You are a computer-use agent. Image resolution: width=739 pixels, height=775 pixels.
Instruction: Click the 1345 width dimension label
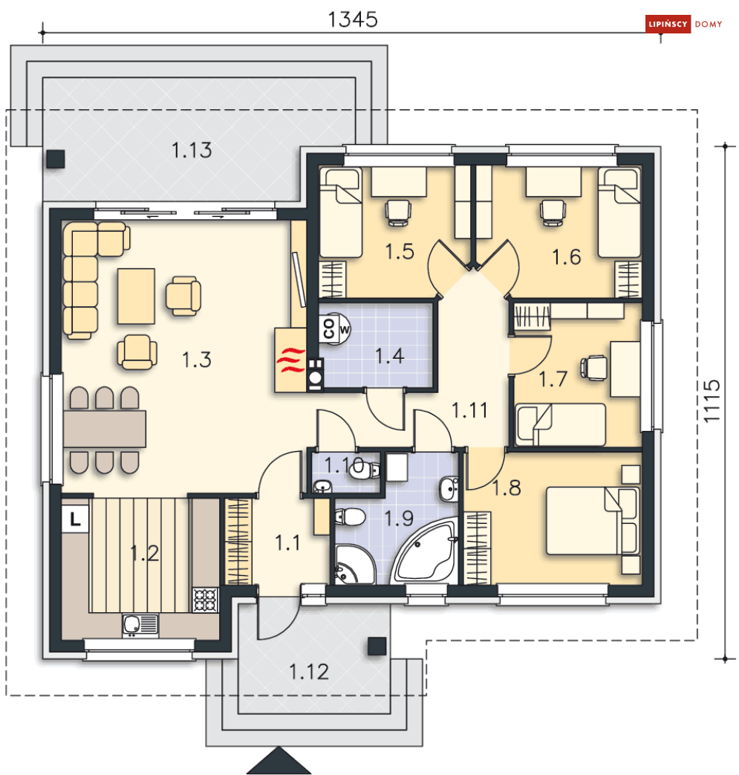[x=353, y=20]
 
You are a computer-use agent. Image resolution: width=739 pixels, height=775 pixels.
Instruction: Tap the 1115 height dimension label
[x=712, y=401]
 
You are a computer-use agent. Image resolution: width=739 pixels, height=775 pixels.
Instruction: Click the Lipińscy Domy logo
[x=684, y=25]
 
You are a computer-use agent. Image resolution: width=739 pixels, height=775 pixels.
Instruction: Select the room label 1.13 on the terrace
[x=192, y=150]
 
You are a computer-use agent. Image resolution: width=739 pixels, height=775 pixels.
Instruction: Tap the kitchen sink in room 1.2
[x=140, y=625]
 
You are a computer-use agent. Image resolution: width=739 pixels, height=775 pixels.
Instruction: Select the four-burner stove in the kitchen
[x=205, y=600]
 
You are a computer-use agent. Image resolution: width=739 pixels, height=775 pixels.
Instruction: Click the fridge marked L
[x=75, y=519]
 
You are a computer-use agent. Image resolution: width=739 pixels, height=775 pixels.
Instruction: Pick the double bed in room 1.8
[x=592, y=521]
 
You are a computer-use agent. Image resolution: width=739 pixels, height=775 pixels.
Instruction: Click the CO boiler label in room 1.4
[x=328, y=328]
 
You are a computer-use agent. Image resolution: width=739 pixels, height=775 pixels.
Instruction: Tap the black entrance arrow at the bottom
[x=279, y=761]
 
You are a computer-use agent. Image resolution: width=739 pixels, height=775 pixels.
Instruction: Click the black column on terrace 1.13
[x=56, y=159]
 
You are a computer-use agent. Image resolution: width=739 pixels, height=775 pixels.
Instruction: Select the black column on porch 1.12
[x=377, y=646]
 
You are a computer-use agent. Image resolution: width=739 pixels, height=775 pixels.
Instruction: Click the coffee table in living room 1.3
[x=137, y=296]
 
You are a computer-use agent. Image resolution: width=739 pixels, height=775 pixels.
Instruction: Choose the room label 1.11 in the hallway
[x=469, y=410]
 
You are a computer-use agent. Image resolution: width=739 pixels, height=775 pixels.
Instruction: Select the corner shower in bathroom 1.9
[x=355, y=565]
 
